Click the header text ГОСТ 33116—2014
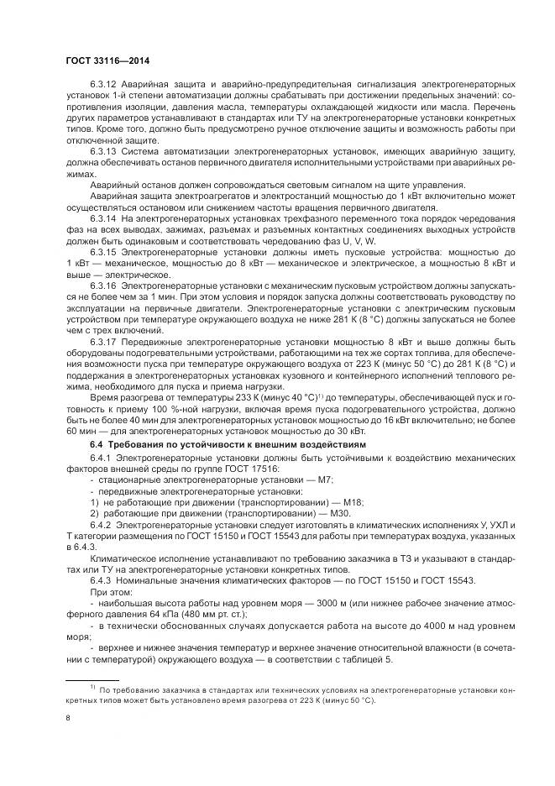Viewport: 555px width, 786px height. pos(107,60)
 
